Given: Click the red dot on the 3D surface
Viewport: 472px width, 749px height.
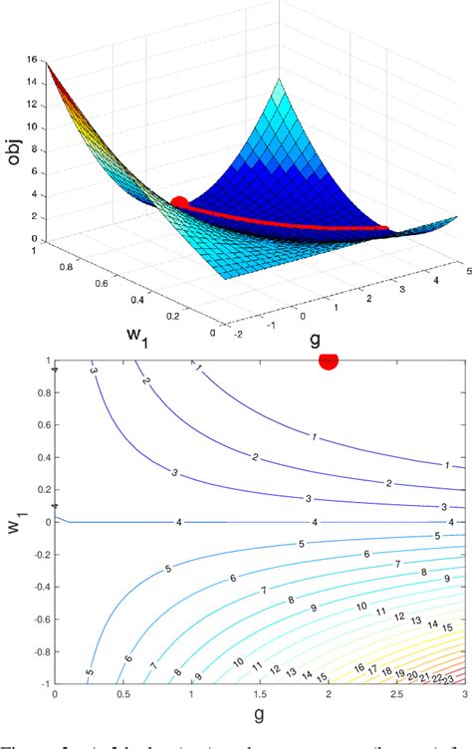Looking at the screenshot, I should coord(179,204).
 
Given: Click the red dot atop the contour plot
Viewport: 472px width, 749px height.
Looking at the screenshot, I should coord(328,361).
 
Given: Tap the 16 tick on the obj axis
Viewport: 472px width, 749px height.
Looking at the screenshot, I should coord(31,61).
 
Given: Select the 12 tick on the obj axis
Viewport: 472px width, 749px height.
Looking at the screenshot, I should coord(31,106).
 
